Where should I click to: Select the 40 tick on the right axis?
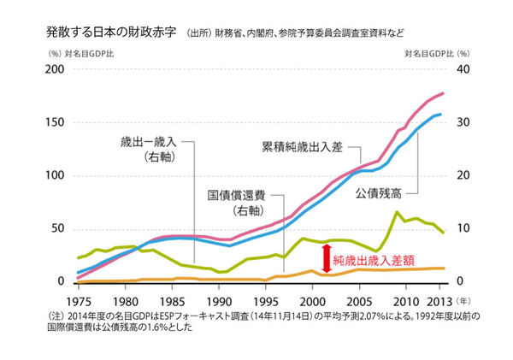tap(464, 69)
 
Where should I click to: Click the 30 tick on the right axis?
tap(464, 122)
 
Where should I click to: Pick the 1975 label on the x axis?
tap(78, 301)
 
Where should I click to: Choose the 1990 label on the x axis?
tap(219, 301)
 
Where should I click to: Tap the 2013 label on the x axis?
tap(436, 301)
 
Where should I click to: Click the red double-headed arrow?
tap(326, 257)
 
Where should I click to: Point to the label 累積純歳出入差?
tap(302, 146)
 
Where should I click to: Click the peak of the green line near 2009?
tap(397, 211)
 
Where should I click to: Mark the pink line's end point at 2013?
tap(443, 93)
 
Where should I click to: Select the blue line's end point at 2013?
tap(440, 114)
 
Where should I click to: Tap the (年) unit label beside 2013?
tap(461, 301)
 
